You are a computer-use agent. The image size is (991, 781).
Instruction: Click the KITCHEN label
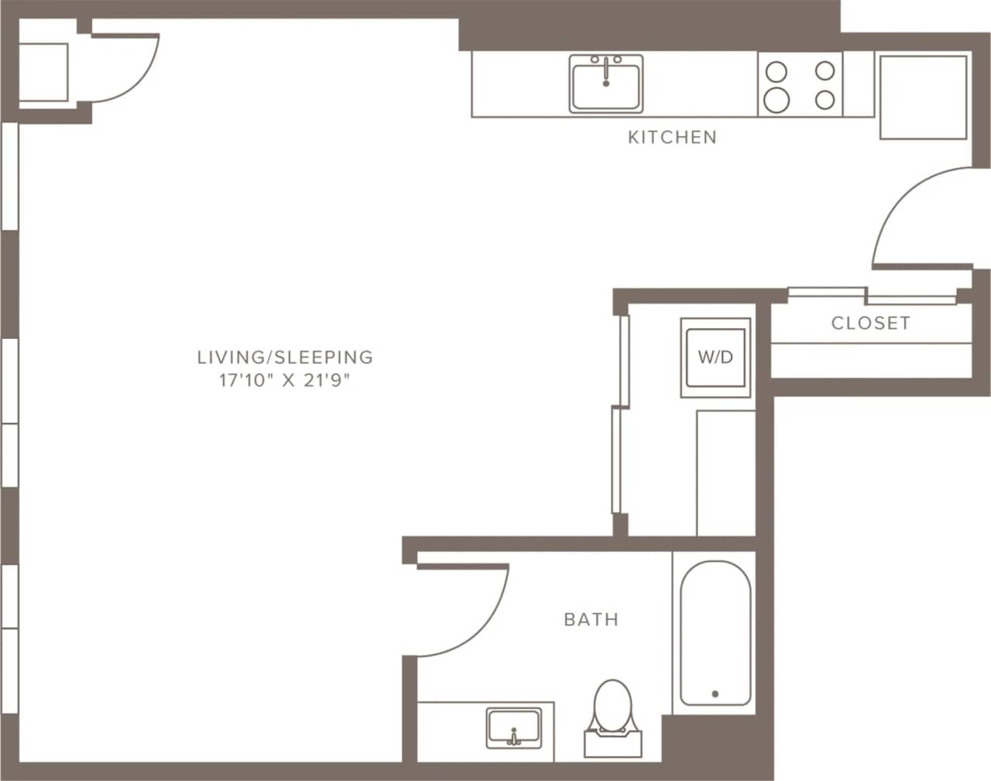pos(672,138)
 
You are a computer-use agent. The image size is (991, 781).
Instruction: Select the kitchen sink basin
pos(606,87)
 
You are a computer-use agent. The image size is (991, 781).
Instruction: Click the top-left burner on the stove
pos(776,72)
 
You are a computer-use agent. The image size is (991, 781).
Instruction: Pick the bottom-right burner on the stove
pos(825,99)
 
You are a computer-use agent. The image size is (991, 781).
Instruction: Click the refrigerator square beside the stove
pos(923,97)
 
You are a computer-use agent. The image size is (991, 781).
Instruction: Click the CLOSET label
pos(870,324)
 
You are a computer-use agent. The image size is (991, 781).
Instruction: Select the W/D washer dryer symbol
pos(715,357)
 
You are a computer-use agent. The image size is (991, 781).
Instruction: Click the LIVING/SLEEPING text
pos(285,357)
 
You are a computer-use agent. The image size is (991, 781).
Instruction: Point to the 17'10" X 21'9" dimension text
pos(285,381)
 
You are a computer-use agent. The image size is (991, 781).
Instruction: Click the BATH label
pos(591,619)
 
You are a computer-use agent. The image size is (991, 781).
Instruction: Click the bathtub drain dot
pos(715,694)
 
